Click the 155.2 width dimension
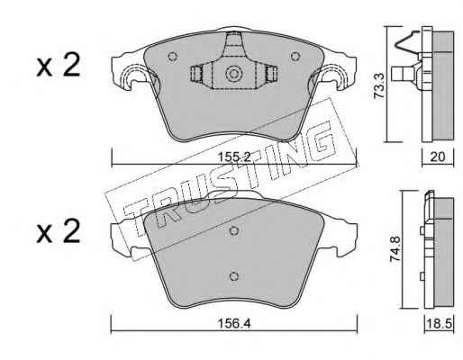coord(234,157)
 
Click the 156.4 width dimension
coord(234,323)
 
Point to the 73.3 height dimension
coord(379,85)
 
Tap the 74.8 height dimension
coord(395,249)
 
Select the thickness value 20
coord(438,157)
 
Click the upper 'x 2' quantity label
coord(59,65)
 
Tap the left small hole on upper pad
coord(172,57)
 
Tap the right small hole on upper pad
coord(295,56)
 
